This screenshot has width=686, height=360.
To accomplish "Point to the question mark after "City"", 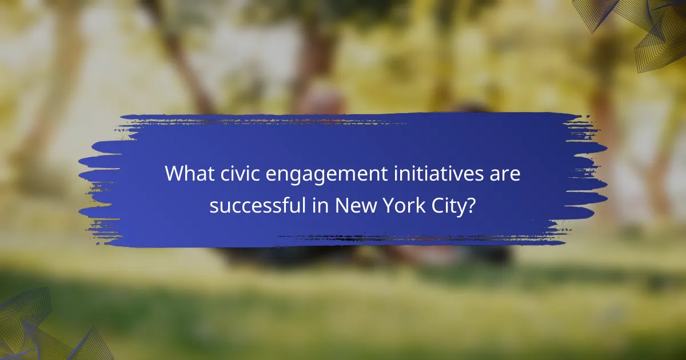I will pyautogui.click(x=471, y=205).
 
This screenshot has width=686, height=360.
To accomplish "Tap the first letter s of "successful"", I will pyautogui.click(x=213, y=206).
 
